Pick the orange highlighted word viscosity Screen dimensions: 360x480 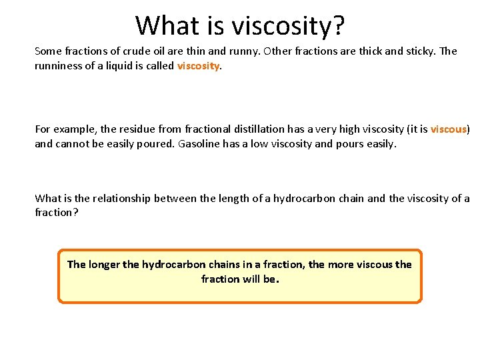coord(198,66)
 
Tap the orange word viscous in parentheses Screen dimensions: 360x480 coord(449,129)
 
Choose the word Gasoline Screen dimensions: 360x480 coord(201,143)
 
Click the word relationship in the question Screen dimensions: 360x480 coord(123,198)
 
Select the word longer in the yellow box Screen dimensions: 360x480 coord(103,265)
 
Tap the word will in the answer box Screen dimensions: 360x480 coord(250,279)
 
